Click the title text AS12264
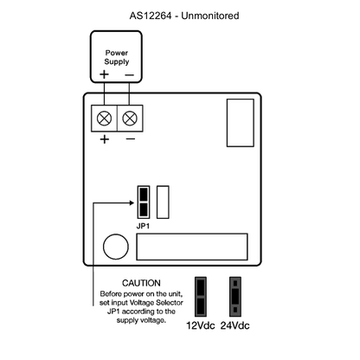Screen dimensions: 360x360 pos(151,16)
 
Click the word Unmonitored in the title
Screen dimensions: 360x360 pos(210,16)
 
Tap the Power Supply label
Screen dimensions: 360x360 pos(117,57)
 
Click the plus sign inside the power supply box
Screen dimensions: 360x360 pos(104,74)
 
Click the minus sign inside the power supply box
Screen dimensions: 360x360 pos(130,75)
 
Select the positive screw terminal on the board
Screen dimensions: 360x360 pos(104,119)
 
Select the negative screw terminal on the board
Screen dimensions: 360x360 pos(130,119)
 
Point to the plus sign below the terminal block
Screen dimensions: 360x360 pos(105,139)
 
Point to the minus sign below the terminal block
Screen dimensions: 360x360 pos(131,139)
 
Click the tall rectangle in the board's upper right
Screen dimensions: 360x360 pos(241,123)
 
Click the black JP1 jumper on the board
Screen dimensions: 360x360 pos(144,202)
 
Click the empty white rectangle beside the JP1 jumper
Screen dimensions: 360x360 pos(163,202)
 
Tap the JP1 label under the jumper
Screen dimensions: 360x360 pos(143,226)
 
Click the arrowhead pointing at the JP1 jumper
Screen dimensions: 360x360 pos(132,202)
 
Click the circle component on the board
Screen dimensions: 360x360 pos(116,247)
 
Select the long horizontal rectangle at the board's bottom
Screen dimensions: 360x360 pos(192,247)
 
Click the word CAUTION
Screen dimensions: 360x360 pos(141,283)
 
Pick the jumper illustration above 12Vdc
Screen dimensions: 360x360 pos(201,297)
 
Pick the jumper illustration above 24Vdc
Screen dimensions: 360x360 pos(235,297)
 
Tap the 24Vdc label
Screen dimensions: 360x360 pos(235,325)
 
